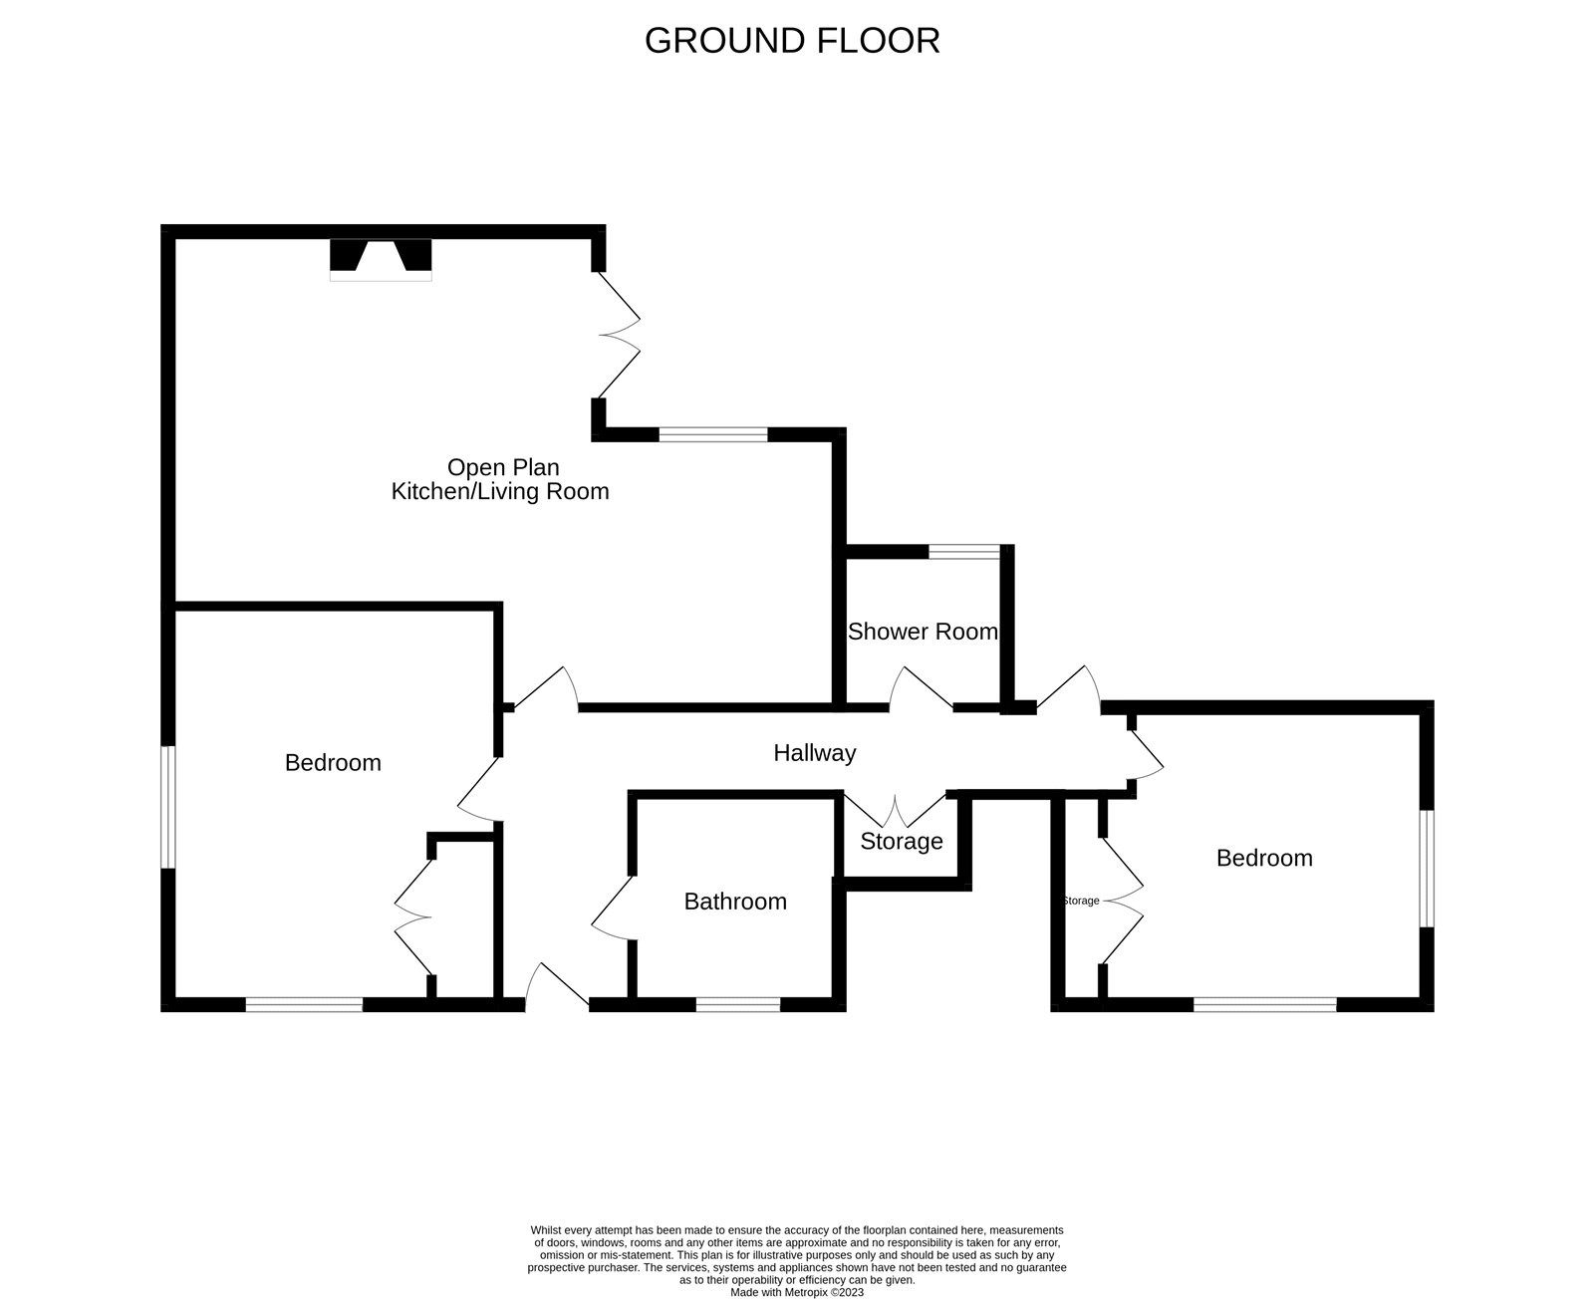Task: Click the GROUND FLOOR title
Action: pos(792,41)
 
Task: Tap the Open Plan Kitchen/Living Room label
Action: pos(500,479)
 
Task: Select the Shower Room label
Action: pos(923,632)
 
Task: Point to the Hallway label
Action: pos(815,753)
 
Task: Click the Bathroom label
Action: pos(735,902)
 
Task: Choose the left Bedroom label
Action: pos(333,763)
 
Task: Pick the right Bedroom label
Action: pos(1264,858)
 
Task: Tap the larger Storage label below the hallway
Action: pos(902,842)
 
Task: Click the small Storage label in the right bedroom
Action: pos(1081,901)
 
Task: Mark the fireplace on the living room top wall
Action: pos(381,258)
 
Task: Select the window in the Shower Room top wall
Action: pos(963,551)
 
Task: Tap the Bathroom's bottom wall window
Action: pos(737,1005)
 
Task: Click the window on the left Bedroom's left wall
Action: pos(169,807)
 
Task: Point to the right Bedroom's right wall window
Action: pos(1428,869)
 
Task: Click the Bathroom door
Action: pos(612,907)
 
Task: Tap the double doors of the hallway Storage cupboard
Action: pos(896,809)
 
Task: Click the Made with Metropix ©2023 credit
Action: pos(797,1292)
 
